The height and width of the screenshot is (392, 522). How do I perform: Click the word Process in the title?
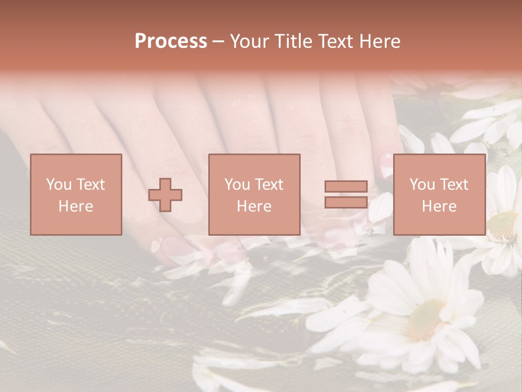click(171, 41)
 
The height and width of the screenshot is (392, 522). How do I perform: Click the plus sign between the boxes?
click(165, 195)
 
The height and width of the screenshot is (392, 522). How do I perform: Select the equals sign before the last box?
click(346, 194)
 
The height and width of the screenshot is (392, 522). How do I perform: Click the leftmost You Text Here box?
click(76, 194)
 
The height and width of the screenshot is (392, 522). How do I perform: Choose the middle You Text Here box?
click(254, 194)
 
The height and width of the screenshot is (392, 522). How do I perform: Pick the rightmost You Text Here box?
click(439, 194)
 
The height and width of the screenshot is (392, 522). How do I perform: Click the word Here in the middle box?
click(254, 206)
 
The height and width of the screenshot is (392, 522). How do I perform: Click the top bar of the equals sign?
click(346, 187)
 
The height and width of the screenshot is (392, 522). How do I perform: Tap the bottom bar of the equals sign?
click(346, 202)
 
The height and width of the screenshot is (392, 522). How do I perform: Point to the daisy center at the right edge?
click(502, 225)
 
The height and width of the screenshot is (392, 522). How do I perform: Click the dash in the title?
click(218, 41)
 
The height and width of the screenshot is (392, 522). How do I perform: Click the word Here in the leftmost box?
click(76, 206)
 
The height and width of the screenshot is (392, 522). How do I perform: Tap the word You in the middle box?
click(237, 184)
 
